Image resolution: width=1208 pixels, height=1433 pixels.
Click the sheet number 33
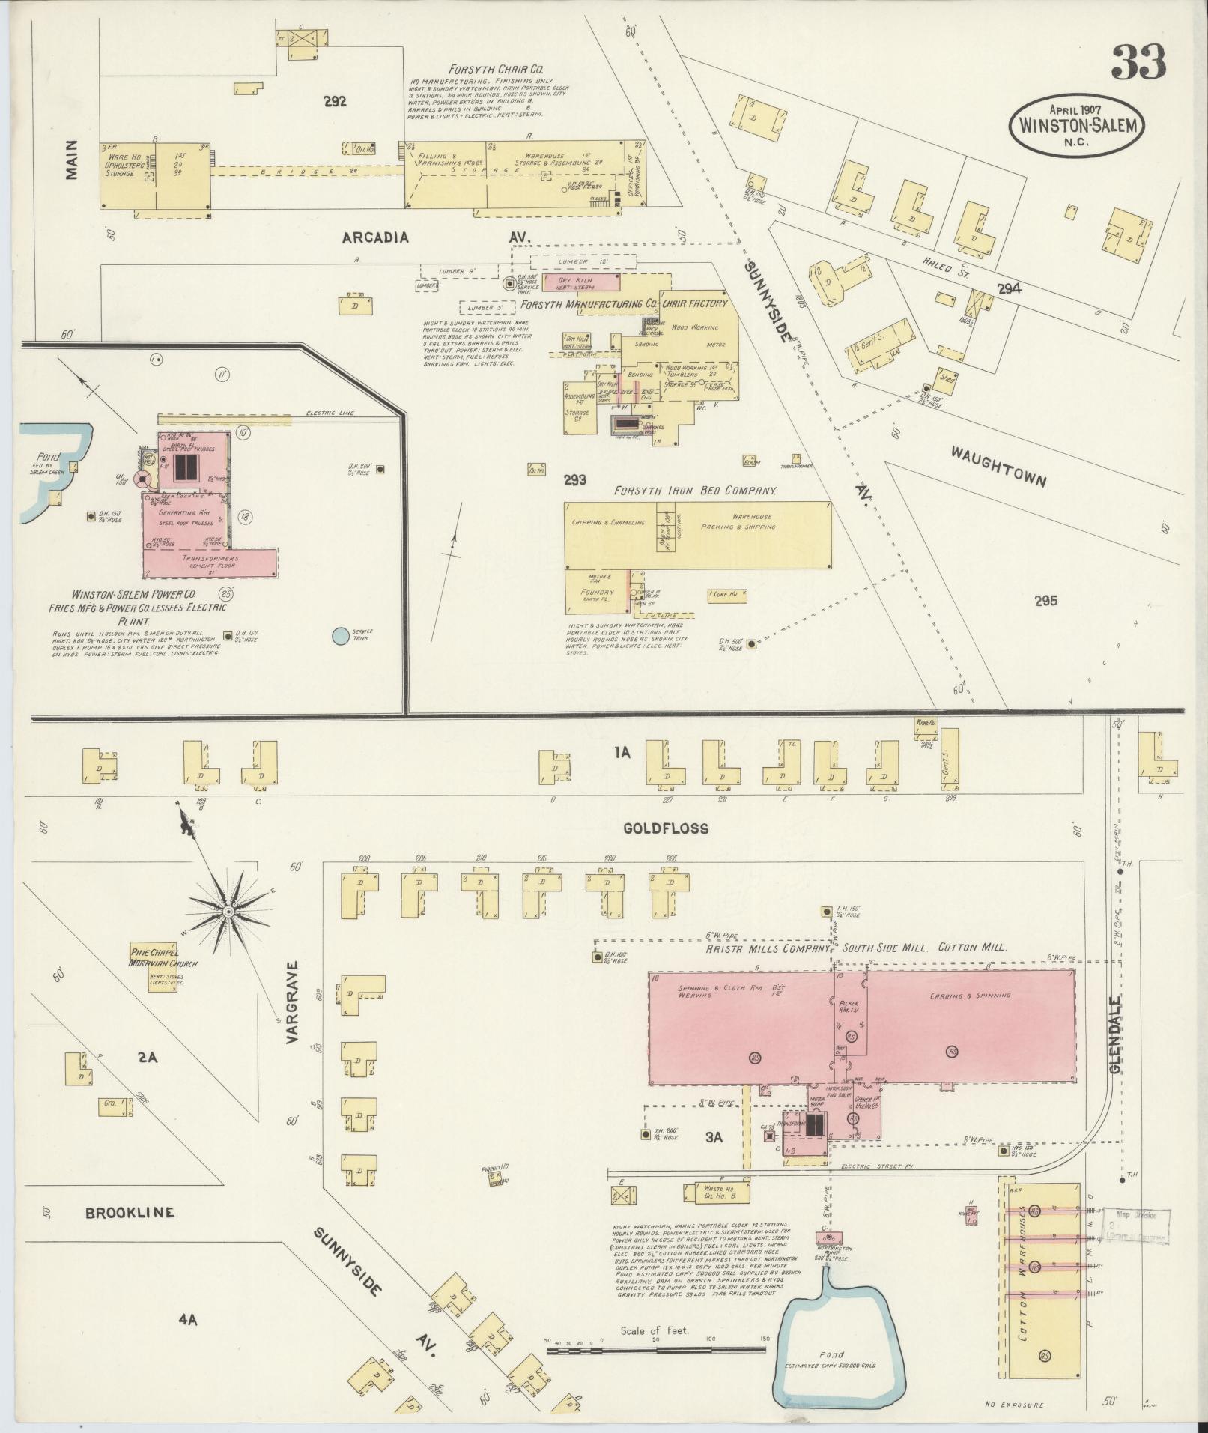point(1138,62)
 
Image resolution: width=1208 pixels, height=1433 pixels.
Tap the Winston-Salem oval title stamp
point(1078,125)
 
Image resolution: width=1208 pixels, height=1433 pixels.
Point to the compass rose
point(228,911)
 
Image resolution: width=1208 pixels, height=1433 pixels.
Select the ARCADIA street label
point(375,238)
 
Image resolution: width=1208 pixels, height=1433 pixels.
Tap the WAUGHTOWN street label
point(998,466)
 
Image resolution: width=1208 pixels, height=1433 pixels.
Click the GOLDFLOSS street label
point(665,828)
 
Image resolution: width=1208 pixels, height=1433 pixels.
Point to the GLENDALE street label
point(1116,1037)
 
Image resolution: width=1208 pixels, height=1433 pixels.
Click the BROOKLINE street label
point(129,1212)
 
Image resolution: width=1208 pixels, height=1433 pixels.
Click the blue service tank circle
point(340,636)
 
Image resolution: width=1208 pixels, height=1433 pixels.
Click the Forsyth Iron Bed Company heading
point(694,491)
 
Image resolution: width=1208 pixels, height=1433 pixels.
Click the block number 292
point(335,102)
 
